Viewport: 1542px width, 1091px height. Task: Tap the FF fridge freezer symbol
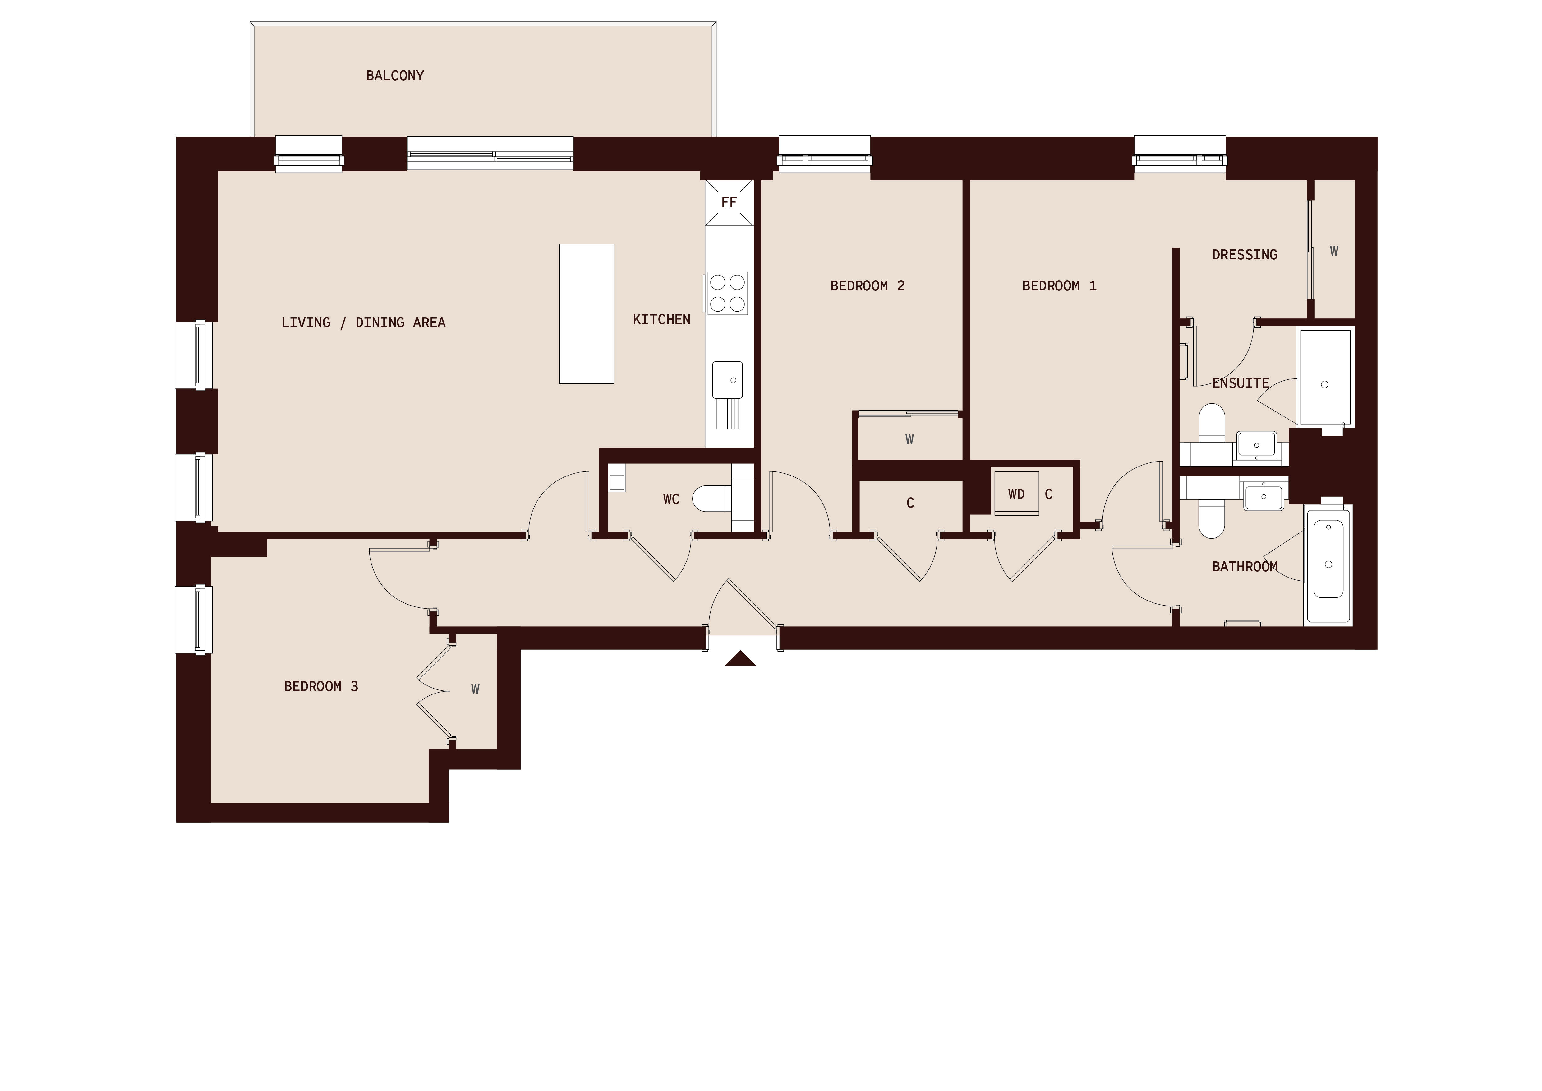729,202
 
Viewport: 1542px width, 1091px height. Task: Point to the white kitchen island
586,314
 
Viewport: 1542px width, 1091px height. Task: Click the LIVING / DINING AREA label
363,323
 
